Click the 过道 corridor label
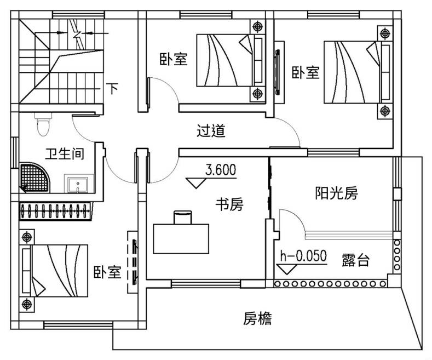(x=211, y=132)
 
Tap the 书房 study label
(x=229, y=205)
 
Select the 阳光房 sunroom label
(x=336, y=193)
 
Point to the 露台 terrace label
(x=355, y=260)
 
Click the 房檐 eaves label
(x=257, y=318)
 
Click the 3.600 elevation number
(x=221, y=170)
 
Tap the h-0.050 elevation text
(x=303, y=256)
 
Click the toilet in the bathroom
(x=42, y=125)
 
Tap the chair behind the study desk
(x=182, y=217)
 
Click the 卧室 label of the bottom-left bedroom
(x=107, y=272)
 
